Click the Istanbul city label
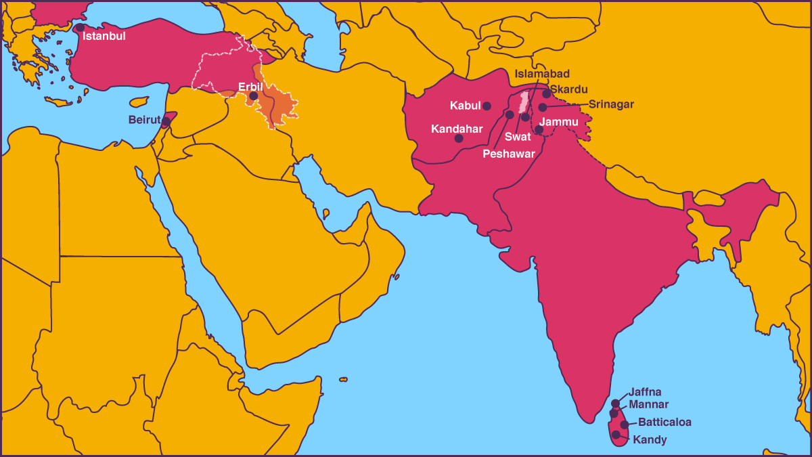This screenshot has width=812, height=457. (x=104, y=36)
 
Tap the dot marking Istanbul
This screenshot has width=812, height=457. (x=80, y=28)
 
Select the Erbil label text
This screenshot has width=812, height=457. (x=250, y=86)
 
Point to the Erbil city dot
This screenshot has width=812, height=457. (x=253, y=96)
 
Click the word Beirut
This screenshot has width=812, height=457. (x=144, y=120)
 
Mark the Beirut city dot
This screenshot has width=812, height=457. (x=166, y=121)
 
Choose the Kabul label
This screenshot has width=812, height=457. (x=465, y=106)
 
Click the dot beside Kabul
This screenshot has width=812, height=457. (x=487, y=106)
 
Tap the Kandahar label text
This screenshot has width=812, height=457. (x=457, y=128)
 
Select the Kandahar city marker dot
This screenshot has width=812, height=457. (x=459, y=138)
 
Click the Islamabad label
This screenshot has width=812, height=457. (x=542, y=74)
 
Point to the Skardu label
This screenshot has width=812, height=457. (x=569, y=89)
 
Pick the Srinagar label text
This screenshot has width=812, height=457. (x=611, y=104)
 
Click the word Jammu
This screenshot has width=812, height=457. (x=559, y=122)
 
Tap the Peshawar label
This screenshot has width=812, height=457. (x=509, y=154)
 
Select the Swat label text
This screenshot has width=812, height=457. (x=518, y=137)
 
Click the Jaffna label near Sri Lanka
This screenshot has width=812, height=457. (x=645, y=391)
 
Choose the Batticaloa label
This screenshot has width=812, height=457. (x=664, y=422)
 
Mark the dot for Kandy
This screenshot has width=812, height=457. (x=616, y=435)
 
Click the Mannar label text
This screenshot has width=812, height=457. (x=648, y=405)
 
